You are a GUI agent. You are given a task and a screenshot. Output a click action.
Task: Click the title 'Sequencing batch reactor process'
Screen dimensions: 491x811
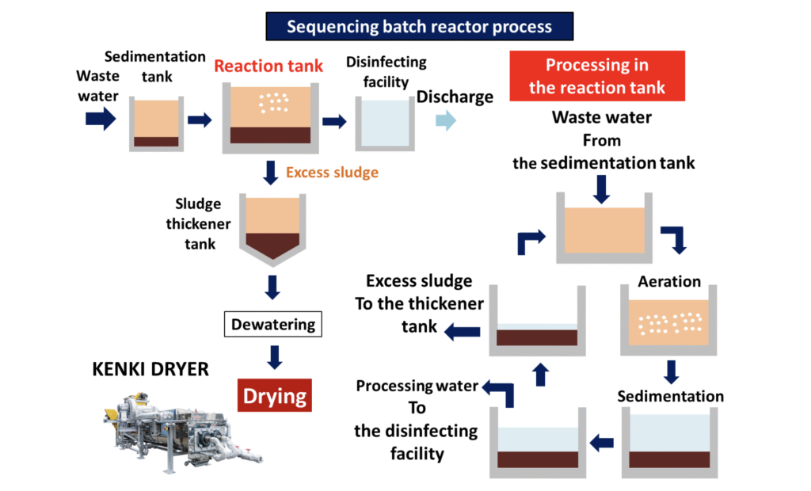[x=419, y=26]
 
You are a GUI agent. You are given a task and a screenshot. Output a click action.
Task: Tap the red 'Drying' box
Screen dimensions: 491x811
[x=274, y=394]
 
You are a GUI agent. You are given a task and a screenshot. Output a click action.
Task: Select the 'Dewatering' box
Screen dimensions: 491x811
[x=273, y=324]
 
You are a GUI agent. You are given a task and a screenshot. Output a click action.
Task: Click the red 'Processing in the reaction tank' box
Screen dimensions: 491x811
[x=596, y=76]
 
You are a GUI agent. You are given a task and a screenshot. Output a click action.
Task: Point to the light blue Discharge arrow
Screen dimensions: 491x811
[x=446, y=120]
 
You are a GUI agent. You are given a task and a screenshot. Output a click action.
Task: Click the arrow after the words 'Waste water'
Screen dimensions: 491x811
[x=101, y=119]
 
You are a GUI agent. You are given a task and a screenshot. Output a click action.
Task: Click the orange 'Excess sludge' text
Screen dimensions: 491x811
[x=332, y=172]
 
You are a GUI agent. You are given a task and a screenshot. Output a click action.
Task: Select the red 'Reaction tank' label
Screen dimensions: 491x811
[x=268, y=66]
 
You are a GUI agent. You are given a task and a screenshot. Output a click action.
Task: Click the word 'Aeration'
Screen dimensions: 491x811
[x=669, y=282]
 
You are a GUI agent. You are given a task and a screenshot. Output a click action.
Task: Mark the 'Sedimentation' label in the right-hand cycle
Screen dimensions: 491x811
[x=670, y=396]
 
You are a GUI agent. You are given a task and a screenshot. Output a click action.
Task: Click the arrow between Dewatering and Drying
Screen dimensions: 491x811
[x=274, y=356]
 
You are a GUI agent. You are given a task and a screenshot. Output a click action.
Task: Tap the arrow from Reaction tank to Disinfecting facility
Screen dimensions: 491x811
[x=335, y=121]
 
